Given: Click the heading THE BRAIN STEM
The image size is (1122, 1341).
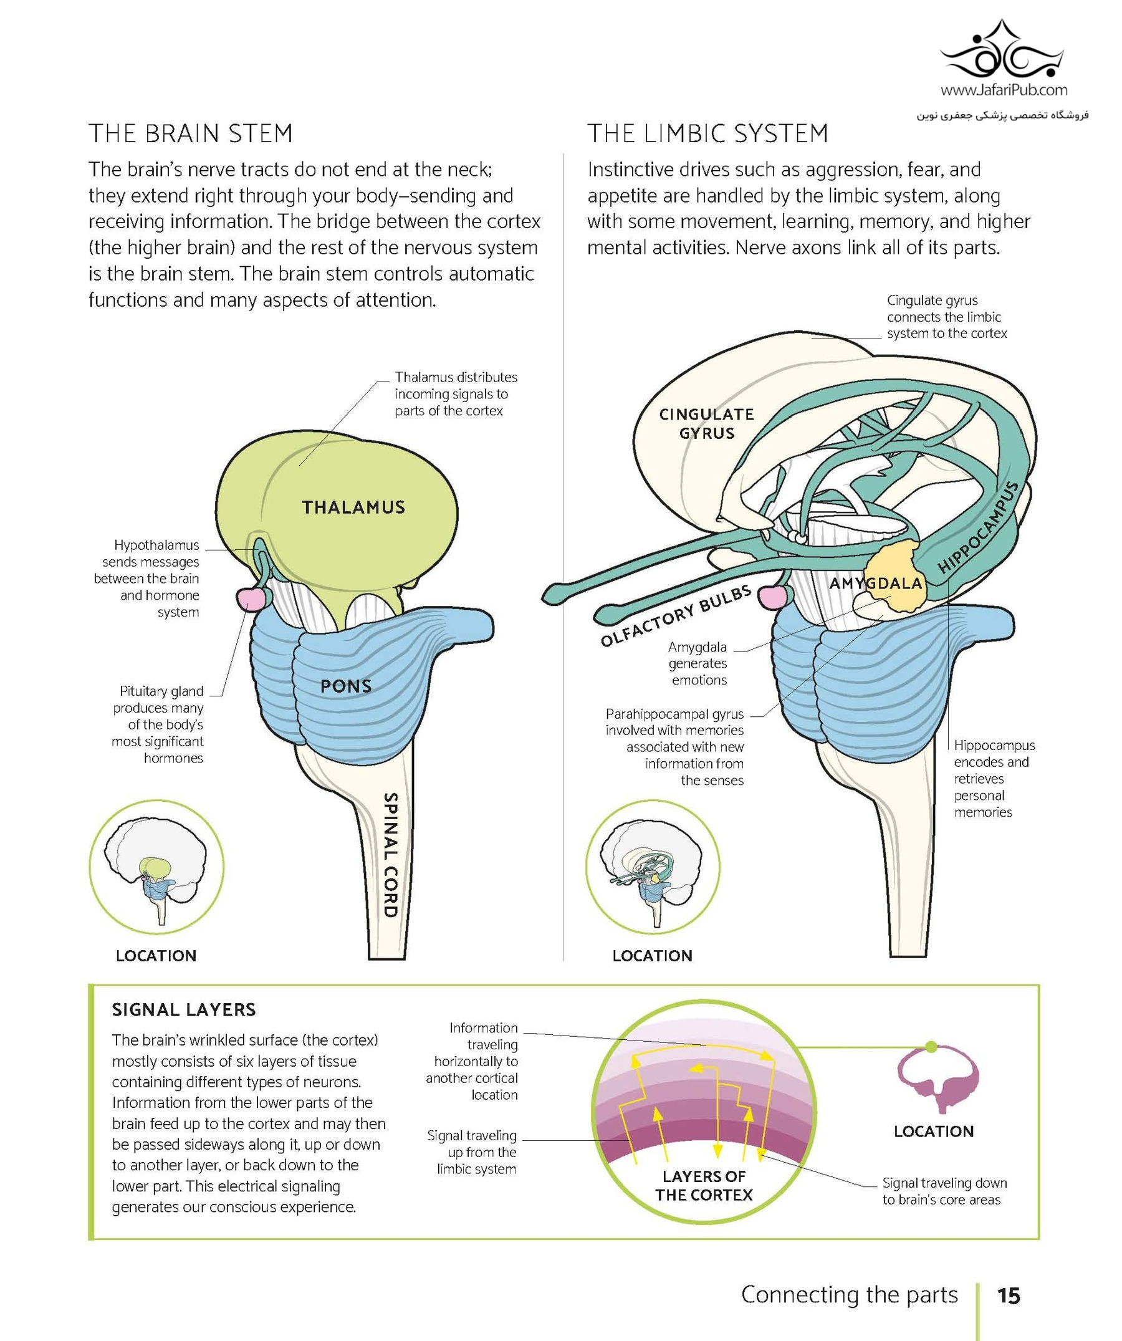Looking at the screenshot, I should (190, 133).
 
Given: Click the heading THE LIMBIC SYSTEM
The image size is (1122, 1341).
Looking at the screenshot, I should (707, 133).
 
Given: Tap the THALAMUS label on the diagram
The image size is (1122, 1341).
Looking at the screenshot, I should (353, 507).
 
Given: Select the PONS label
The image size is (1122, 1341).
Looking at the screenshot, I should (345, 686).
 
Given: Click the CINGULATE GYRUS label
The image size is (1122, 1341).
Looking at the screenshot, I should (706, 423).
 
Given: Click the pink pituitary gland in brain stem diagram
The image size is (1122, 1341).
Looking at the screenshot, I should (249, 599).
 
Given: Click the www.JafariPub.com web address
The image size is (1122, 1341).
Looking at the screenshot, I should (1004, 90).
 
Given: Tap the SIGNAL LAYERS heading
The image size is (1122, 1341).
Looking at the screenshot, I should (184, 1009).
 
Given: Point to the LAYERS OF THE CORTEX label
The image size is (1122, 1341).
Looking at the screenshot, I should (704, 1185).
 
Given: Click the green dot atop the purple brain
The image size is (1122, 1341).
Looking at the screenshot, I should (931, 1047).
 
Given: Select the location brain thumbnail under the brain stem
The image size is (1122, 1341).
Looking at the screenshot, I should (156, 867).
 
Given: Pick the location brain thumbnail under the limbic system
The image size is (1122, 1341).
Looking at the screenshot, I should (653, 867).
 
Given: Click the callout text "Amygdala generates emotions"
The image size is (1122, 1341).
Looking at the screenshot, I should (698, 663).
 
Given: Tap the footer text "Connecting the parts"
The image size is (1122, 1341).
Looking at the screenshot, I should (850, 1294).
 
